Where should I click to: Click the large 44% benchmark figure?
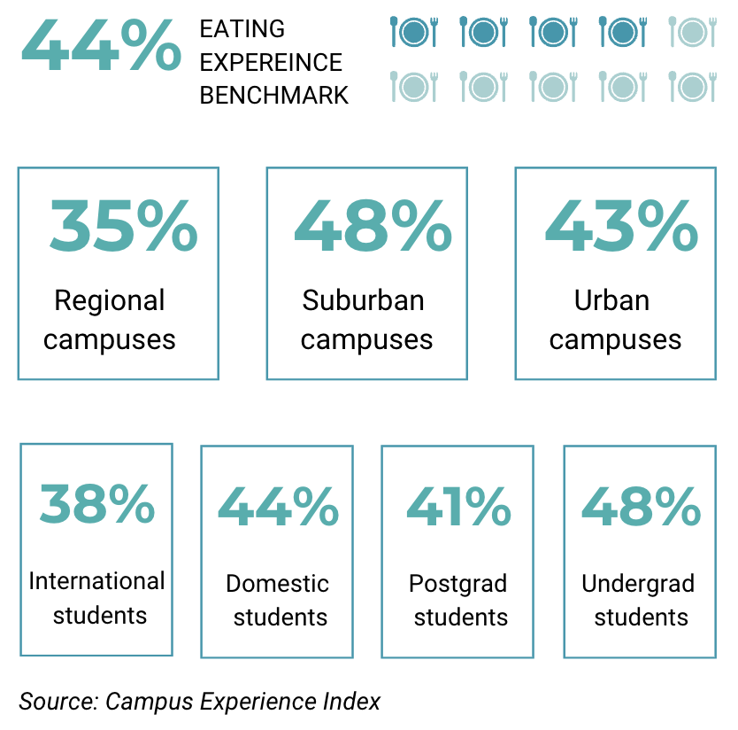click(100, 49)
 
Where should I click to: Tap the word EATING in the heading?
click(242, 29)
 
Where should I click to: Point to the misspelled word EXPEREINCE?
click(271, 62)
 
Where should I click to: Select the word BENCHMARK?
click(273, 95)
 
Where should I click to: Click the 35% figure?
click(123, 226)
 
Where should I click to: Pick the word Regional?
click(110, 300)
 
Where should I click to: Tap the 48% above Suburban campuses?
click(373, 226)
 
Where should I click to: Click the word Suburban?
click(363, 300)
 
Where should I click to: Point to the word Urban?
click(611, 300)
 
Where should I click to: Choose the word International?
click(96, 581)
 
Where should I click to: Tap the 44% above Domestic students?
click(278, 507)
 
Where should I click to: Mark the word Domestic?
click(277, 584)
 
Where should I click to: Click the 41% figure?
click(458, 507)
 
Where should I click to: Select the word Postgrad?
click(457, 584)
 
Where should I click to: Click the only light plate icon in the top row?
click(692, 32)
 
